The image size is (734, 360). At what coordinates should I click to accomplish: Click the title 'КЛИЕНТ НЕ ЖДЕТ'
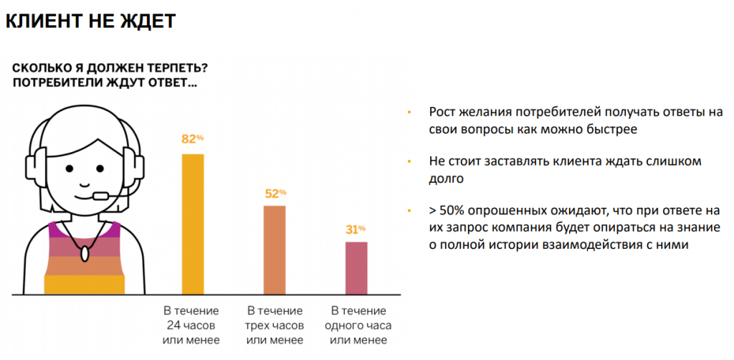coord(90,21)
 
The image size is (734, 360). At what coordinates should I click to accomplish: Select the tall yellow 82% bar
coord(193,224)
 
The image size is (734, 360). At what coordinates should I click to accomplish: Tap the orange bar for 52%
coord(275,250)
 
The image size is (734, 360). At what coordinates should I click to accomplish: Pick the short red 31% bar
coord(356,268)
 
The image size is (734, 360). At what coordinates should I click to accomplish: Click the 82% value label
coord(192,139)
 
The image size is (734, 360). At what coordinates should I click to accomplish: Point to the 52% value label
coord(275,193)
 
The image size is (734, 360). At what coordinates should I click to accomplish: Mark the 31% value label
coord(356,229)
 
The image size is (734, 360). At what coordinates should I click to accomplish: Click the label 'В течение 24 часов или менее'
coord(191,326)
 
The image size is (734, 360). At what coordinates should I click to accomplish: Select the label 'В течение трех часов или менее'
coord(275,326)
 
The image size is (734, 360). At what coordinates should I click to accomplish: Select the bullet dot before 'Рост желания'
coord(409,113)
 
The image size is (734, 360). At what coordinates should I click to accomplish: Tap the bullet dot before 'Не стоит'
coord(409,162)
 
